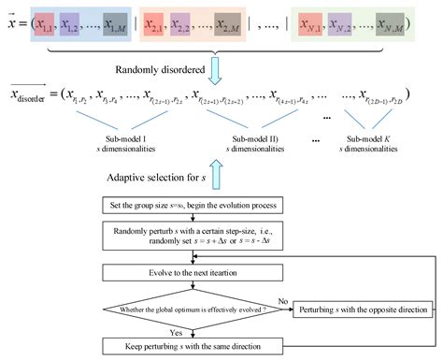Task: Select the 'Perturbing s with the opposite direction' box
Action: pos(362,309)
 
